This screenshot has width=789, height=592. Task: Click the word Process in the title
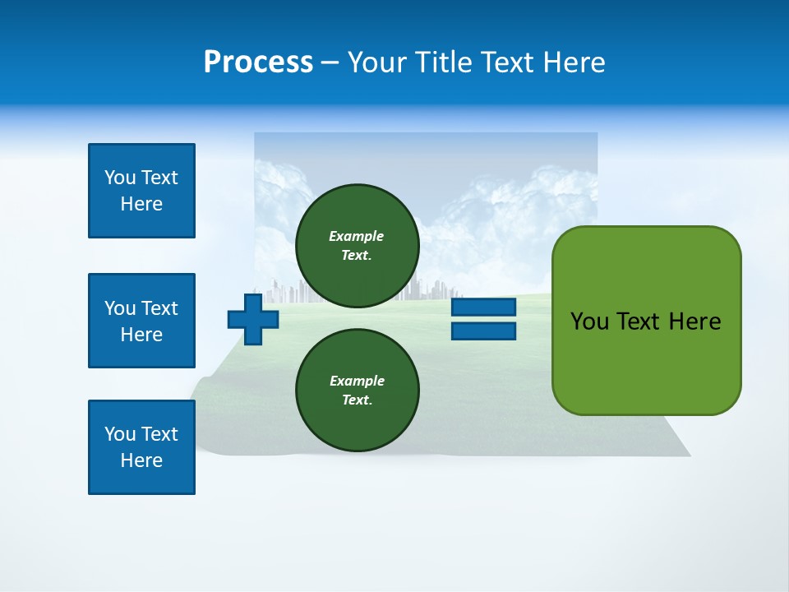click(x=258, y=62)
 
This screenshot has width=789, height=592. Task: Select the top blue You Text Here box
click(x=141, y=191)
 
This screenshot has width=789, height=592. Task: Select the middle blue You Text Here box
click(x=141, y=321)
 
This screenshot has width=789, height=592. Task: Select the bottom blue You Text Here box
click(x=141, y=447)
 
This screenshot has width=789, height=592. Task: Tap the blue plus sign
click(x=253, y=319)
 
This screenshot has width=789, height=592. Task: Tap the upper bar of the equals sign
click(x=483, y=308)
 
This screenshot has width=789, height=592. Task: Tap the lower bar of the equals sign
click(x=483, y=331)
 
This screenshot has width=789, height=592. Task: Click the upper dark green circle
click(x=357, y=246)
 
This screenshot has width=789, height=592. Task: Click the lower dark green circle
click(x=357, y=391)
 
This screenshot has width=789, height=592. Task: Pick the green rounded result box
click(x=646, y=321)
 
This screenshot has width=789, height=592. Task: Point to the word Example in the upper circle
click(x=357, y=236)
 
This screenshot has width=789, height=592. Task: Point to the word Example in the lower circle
click(x=357, y=381)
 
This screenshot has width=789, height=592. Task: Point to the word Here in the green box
click(x=694, y=321)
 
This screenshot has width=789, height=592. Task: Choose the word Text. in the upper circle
click(x=357, y=256)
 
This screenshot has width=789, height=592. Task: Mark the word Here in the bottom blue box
click(x=141, y=460)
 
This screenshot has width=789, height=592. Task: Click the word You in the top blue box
click(x=119, y=178)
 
